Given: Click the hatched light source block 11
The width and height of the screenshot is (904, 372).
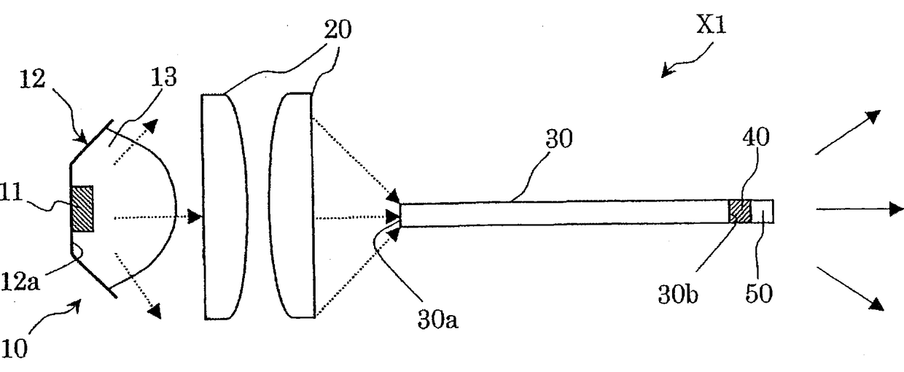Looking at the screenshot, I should (82, 209).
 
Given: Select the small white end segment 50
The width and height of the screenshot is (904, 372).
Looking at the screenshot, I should (763, 212).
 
